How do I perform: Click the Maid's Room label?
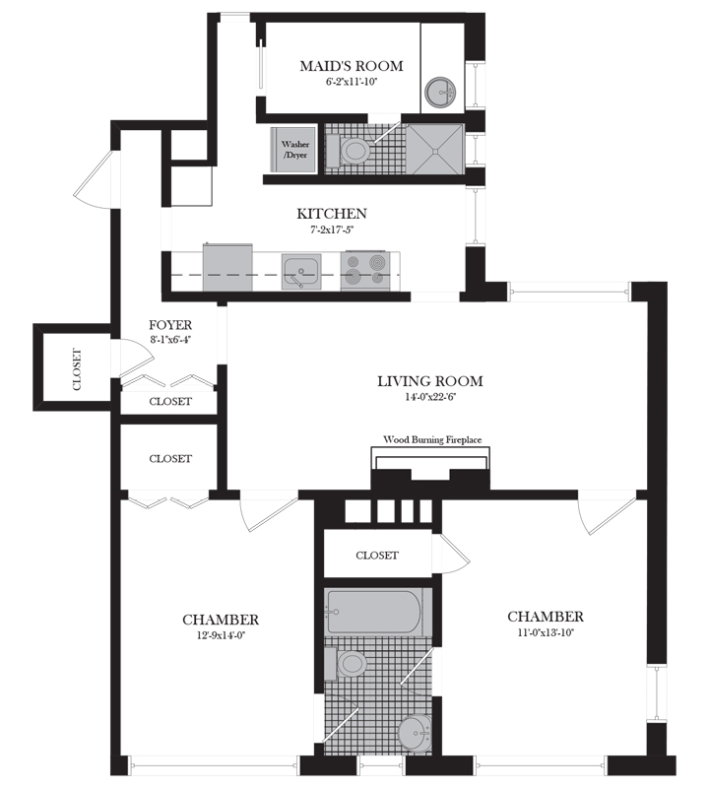(352, 66)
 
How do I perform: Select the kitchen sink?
(300, 270)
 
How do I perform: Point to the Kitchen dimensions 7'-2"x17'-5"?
(332, 230)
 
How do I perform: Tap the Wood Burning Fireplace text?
(431, 440)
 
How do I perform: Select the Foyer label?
(170, 325)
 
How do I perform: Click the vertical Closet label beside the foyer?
(77, 370)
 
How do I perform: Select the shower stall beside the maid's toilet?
(432, 150)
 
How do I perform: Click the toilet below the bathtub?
(350, 664)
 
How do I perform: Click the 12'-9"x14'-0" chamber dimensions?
(221, 635)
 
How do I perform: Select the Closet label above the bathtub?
(377, 556)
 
